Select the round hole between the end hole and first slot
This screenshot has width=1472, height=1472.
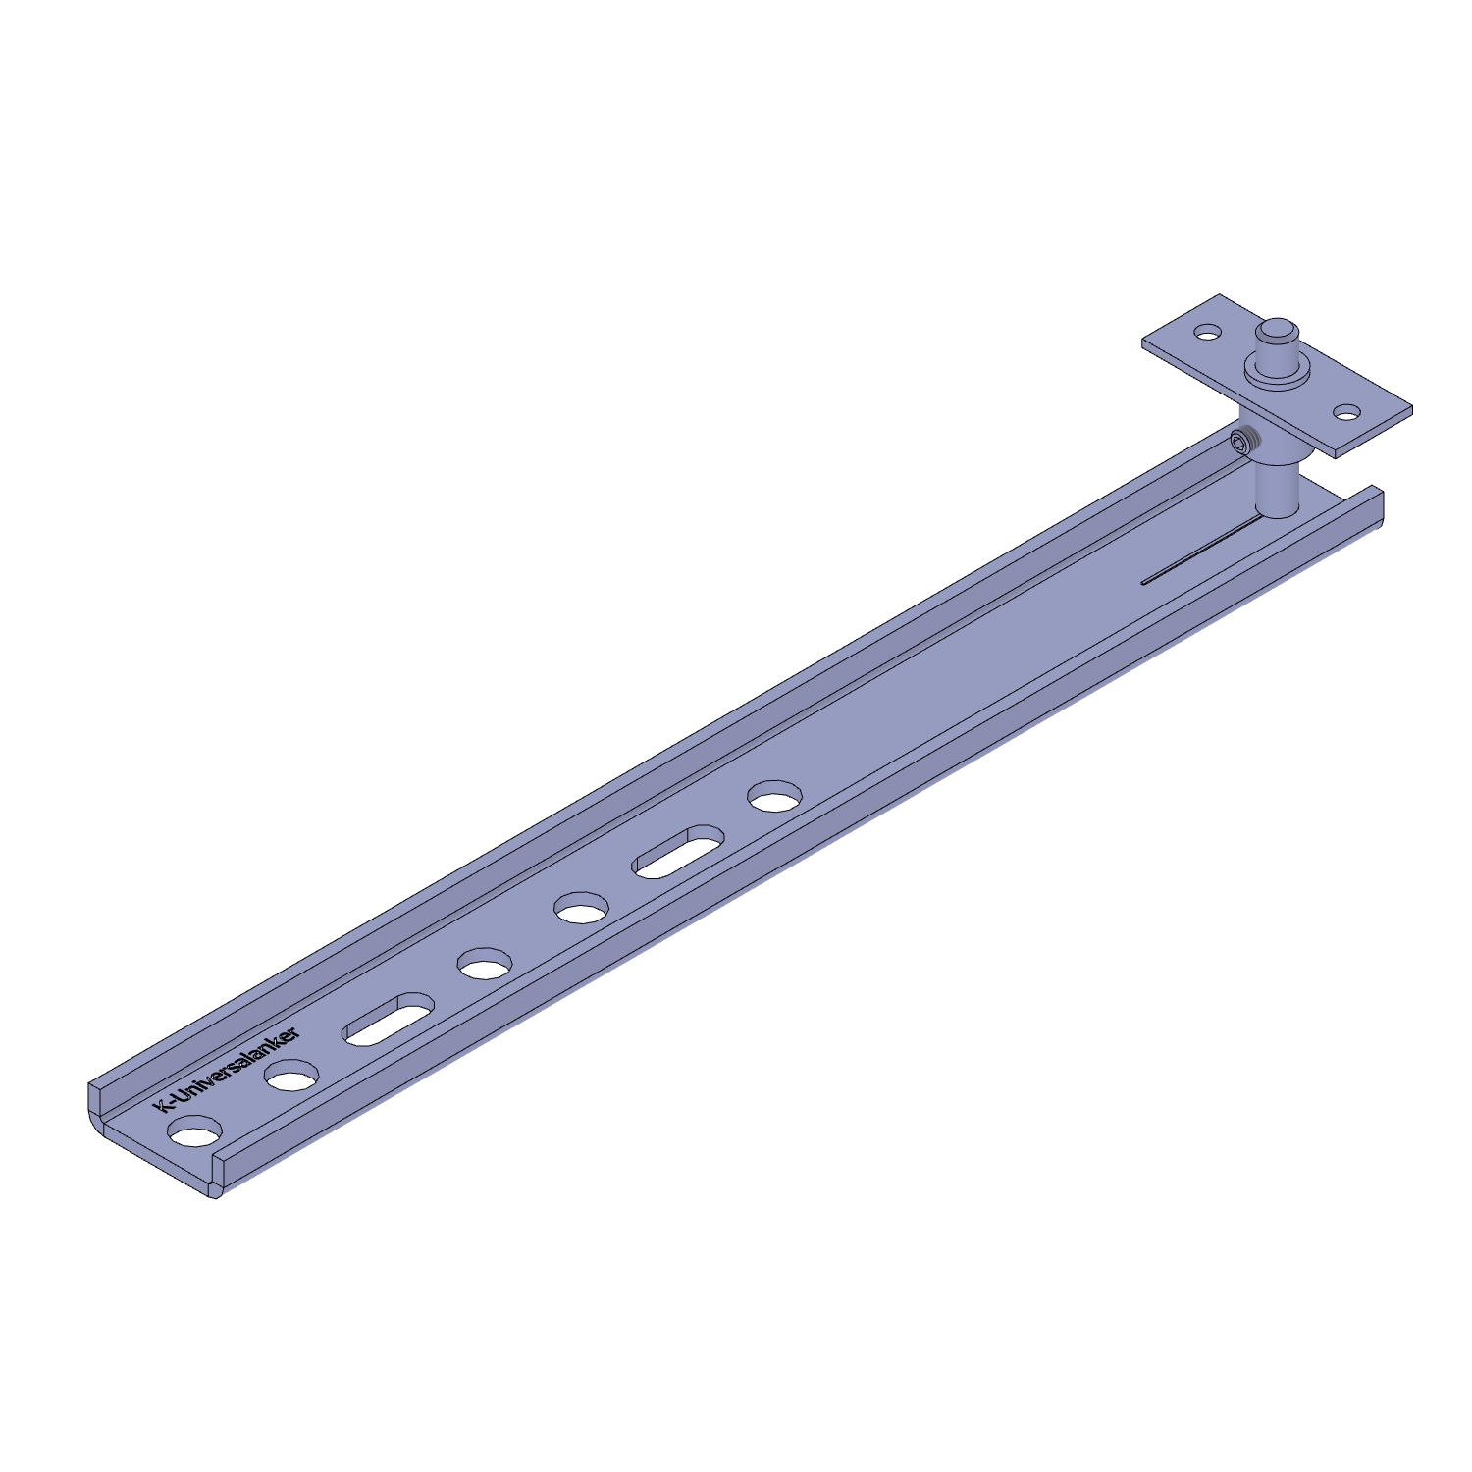291,1077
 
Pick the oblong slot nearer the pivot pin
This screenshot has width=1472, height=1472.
679,852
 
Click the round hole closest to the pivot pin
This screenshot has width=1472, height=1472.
775,796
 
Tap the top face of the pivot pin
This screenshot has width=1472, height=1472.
1281,331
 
